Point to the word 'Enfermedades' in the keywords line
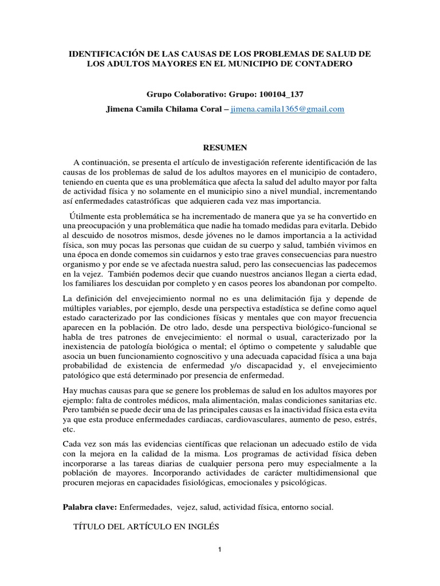(x=145, y=507)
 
